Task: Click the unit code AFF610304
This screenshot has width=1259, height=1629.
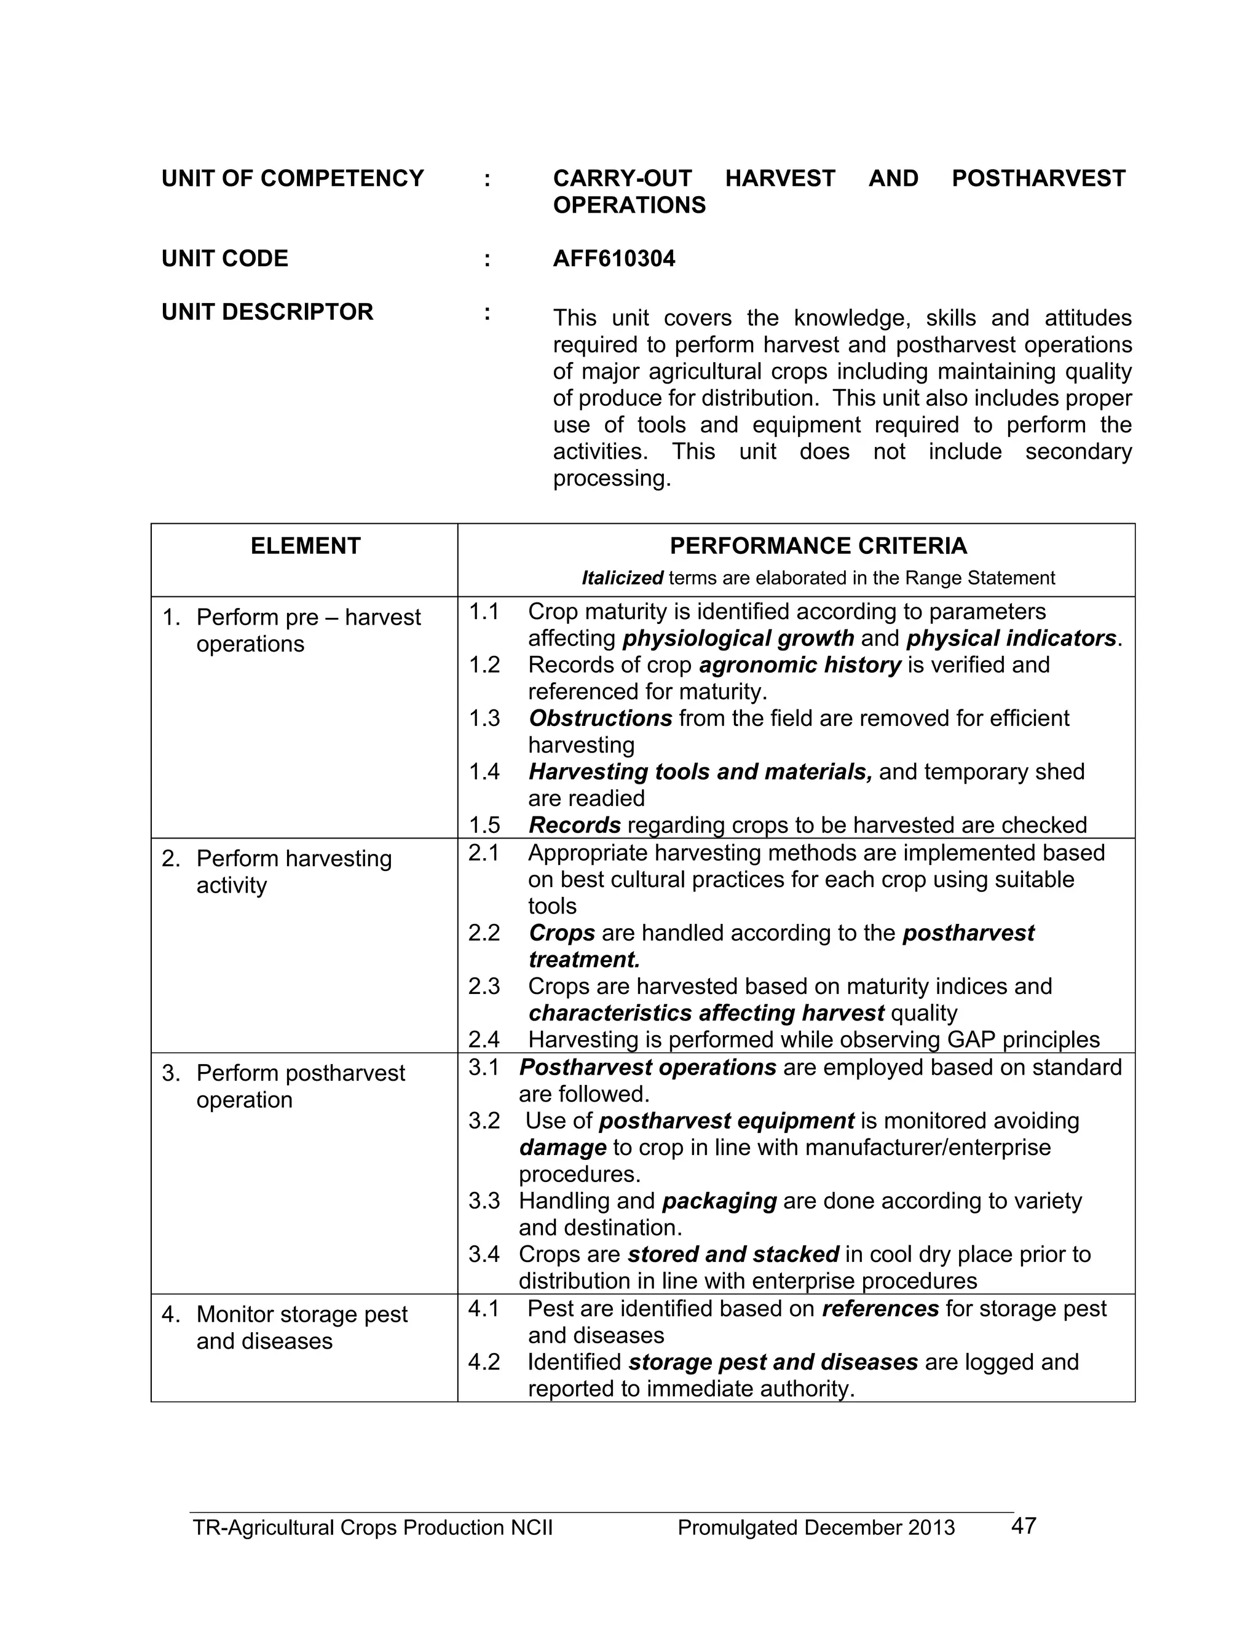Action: [614, 259]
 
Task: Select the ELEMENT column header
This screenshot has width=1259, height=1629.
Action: [305, 546]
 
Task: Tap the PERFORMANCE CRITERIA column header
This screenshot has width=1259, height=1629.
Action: [818, 546]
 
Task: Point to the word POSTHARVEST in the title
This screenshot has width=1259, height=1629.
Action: [1038, 178]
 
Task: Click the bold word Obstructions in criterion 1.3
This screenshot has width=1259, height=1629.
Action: [601, 718]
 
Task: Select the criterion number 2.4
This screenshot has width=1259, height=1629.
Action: [484, 1039]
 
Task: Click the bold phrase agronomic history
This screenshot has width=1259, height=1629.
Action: [800, 665]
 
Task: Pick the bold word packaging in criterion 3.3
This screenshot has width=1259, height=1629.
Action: [719, 1201]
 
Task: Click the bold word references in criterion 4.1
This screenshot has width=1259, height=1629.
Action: [880, 1308]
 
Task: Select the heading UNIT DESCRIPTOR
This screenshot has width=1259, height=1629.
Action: [267, 312]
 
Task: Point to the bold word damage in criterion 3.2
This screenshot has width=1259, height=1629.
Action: [562, 1147]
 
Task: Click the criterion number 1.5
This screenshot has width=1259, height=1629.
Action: [484, 825]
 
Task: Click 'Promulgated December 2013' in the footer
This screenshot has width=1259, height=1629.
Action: [816, 1528]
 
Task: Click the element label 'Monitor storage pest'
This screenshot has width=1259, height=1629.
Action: [301, 1314]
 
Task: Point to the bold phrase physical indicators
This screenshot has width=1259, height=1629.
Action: [1011, 639]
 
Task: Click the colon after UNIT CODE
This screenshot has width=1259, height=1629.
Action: [487, 259]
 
